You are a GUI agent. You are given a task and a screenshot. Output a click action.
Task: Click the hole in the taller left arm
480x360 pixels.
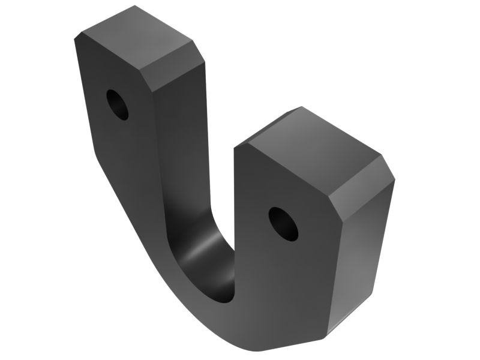pyautogui.click(x=118, y=104)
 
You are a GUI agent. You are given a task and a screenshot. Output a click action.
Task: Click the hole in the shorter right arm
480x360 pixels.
pyautogui.click(x=283, y=223)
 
